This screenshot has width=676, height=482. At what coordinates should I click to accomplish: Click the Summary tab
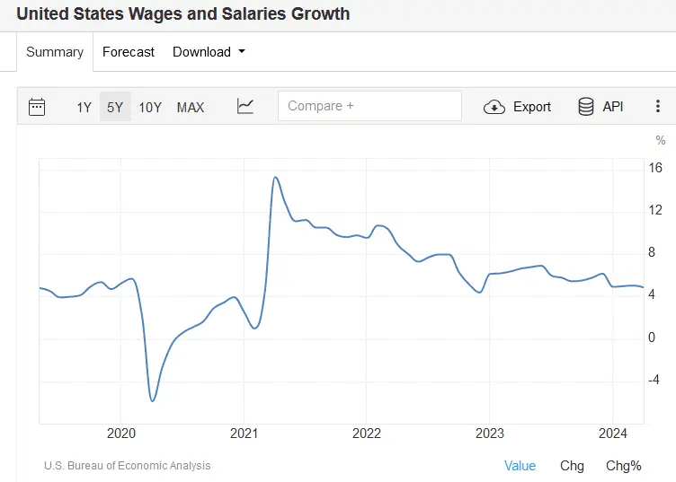(x=55, y=52)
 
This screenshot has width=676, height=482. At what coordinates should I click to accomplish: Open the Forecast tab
(x=129, y=52)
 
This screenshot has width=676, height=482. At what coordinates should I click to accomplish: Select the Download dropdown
(x=209, y=52)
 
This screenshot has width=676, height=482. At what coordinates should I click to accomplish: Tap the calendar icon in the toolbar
(x=37, y=107)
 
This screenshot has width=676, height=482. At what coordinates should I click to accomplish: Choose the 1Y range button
(x=84, y=108)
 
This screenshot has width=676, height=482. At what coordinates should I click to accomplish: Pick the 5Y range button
(x=115, y=108)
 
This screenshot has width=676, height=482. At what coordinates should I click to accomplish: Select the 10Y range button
(x=150, y=108)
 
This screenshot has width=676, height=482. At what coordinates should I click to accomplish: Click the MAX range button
(x=191, y=108)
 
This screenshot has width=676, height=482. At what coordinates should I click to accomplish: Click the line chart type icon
(x=245, y=107)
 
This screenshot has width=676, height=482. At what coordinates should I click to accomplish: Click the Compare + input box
(x=369, y=106)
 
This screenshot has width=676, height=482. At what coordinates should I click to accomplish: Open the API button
(x=600, y=107)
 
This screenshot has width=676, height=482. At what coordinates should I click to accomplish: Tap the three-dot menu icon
(x=658, y=107)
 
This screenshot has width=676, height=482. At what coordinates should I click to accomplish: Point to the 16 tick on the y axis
(x=656, y=168)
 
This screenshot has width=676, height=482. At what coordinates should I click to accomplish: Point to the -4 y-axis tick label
(x=654, y=380)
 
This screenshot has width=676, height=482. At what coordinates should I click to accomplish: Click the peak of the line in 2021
(x=275, y=178)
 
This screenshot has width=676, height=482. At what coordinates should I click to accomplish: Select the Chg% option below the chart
(x=623, y=466)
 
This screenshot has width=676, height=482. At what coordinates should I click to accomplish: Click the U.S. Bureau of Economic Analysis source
(x=127, y=466)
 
